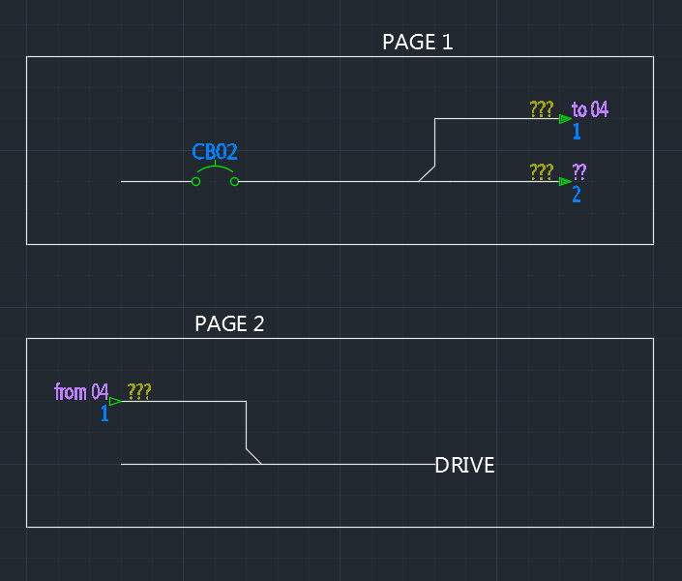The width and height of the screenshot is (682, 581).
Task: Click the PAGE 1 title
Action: click(417, 43)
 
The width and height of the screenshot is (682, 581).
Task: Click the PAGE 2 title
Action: click(229, 324)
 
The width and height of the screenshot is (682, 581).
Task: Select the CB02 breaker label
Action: click(215, 152)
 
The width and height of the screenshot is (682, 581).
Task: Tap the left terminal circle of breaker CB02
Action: click(195, 181)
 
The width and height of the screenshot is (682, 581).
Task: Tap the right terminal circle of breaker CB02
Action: click(234, 181)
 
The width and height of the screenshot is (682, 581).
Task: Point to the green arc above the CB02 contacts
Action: click(215, 169)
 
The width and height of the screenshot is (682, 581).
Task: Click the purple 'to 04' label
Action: click(590, 109)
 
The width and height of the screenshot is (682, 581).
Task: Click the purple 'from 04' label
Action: click(81, 392)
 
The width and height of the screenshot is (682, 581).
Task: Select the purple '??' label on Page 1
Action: click(579, 172)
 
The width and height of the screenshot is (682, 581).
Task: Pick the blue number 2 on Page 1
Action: click(577, 194)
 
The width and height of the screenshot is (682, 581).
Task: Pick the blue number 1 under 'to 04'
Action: click(577, 131)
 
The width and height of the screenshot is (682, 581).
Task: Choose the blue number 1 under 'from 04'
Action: click(104, 413)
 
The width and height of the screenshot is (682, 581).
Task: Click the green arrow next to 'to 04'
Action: click(565, 119)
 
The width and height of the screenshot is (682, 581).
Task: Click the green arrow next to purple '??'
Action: click(565, 181)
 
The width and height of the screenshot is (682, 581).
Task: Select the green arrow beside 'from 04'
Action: click(115, 401)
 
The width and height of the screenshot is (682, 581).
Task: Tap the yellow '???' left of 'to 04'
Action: click(542, 109)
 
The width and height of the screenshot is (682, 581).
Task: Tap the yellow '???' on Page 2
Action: click(139, 392)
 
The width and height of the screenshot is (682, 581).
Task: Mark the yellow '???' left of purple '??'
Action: click(542, 172)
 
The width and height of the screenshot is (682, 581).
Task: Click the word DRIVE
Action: click(464, 466)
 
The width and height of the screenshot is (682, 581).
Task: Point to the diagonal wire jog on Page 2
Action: click(253, 456)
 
